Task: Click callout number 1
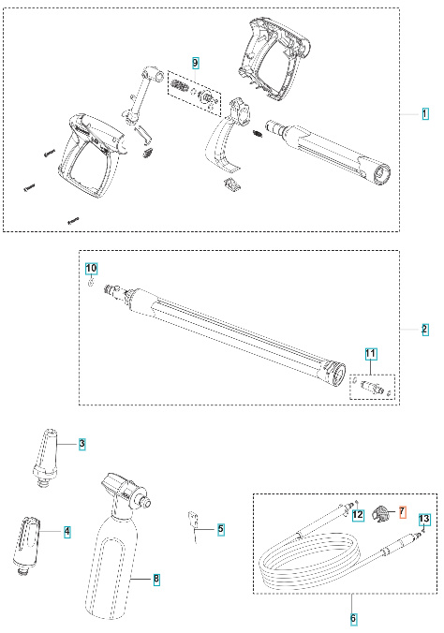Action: (424, 113)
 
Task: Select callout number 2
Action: (424, 329)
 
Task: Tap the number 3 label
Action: (82, 443)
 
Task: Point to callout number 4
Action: (67, 531)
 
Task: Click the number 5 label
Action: (221, 529)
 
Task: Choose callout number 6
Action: (353, 619)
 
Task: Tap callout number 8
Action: (156, 579)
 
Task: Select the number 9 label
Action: (196, 62)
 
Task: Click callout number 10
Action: (92, 268)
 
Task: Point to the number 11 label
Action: (371, 353)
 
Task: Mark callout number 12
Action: (358, 517)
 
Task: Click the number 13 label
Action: (424, 518)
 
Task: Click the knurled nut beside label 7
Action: (381, 513)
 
